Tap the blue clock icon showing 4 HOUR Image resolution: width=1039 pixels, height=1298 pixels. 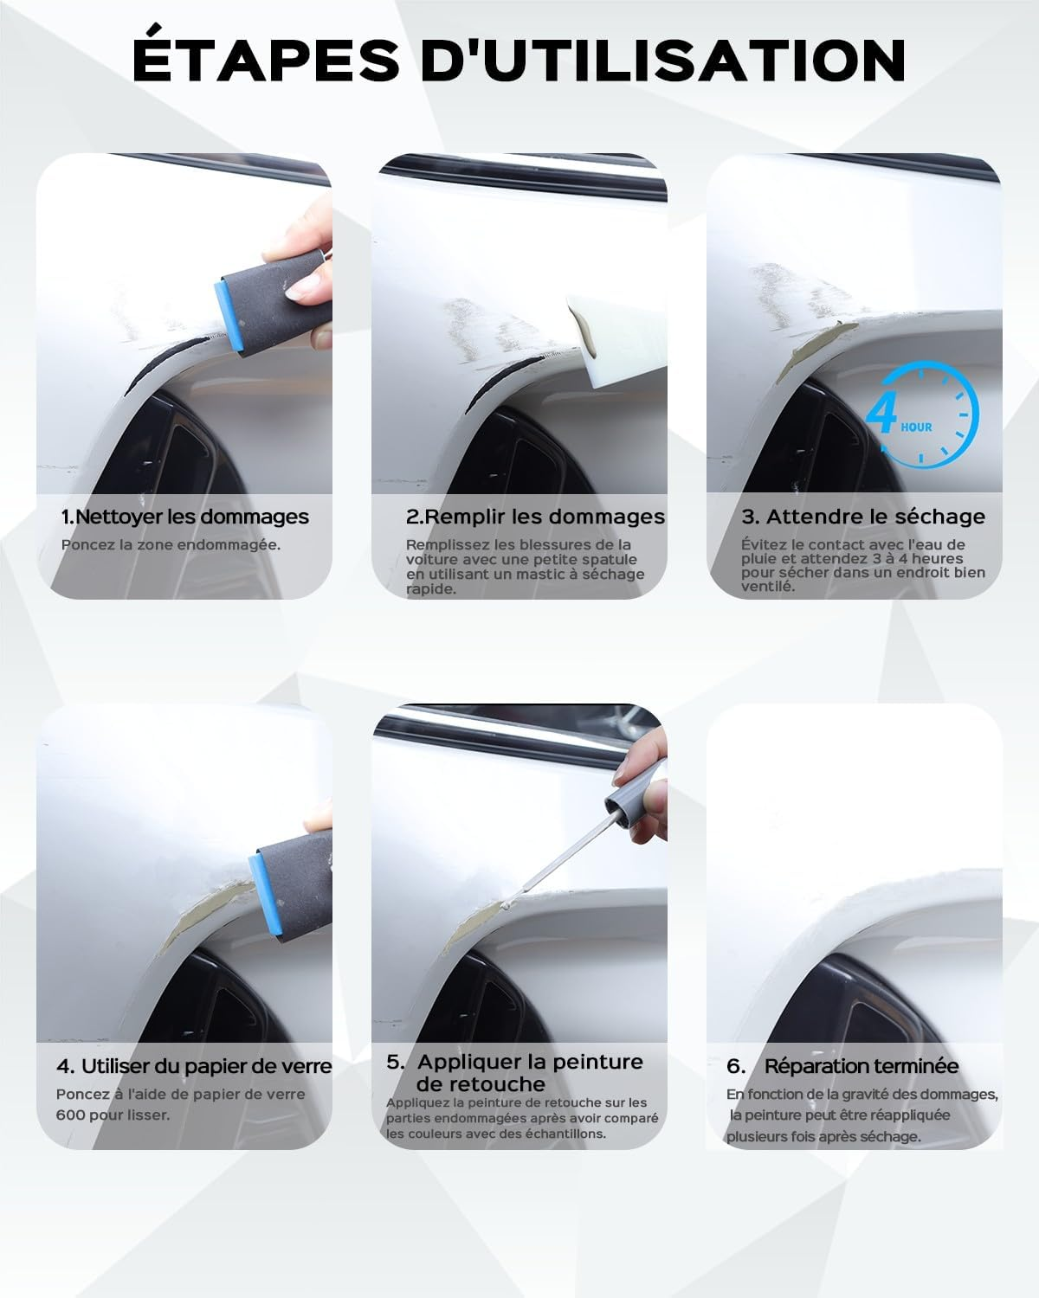click(x=923, y=415)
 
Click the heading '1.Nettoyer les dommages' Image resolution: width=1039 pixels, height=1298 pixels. click(x=184, y=517)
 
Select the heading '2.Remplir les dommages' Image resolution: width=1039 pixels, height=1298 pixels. click(x=535, y=517)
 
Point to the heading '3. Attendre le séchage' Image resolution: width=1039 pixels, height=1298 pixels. click(x=863, y=517)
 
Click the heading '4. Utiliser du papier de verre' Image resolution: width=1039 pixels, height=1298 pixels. click(x=194, y=1065)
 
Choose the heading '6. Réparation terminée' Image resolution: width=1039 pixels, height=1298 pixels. click(x=842, y=1066)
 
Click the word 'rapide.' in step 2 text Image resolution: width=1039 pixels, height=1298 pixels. click(x=431, y=588)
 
